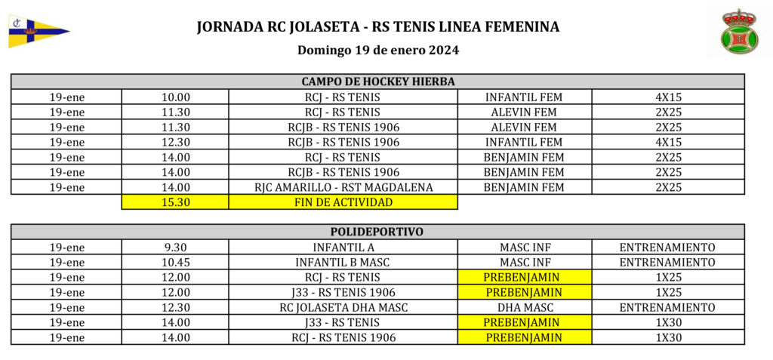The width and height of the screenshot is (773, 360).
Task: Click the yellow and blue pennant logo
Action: click(38, 31)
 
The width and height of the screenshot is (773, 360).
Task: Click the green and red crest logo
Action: click(739, 32)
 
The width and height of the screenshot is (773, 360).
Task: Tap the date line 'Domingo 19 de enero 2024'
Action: click(378, 51)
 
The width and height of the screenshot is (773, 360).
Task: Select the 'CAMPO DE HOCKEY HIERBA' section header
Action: click(377, 82)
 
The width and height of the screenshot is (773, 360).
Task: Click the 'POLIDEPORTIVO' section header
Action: click(377, 232)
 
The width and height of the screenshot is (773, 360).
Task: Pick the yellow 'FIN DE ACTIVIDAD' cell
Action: click(343, 202)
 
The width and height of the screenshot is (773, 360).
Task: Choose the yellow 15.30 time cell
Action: click(175, 202)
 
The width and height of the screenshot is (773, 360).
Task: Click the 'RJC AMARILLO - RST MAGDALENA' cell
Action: click(343, 187)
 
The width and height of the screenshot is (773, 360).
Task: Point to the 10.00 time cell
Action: click(175, 97)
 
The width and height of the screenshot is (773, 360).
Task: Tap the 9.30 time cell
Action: click(175, 247)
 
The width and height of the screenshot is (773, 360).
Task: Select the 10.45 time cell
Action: click(175, 262)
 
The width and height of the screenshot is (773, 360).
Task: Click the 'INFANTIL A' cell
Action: click(343, 247)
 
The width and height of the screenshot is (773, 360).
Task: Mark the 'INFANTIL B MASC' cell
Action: click(343, 262)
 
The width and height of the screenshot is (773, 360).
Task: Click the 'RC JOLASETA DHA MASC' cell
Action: click(343, 307)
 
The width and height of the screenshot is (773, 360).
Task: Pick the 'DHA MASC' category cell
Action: click(524, 307)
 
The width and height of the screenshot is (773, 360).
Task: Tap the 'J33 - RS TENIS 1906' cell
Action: click(343, 292)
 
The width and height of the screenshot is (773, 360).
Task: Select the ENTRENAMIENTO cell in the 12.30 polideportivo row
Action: click(667, 307)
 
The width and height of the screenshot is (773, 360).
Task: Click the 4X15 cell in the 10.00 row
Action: click(667, 97)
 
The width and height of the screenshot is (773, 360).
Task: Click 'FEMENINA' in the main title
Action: click(521, 27)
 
